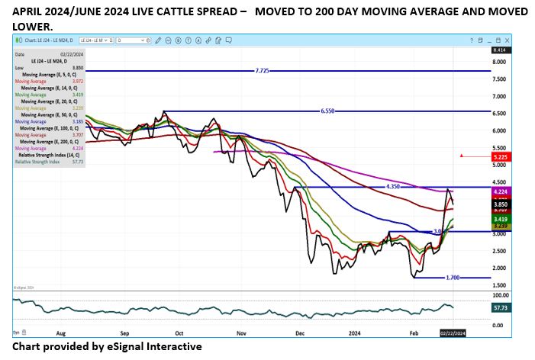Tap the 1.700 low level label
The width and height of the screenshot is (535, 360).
point(454,278)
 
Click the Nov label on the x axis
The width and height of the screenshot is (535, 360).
point(242,333)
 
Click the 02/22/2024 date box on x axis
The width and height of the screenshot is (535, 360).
point(452,333)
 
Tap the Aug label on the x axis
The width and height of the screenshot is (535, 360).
point(62,333)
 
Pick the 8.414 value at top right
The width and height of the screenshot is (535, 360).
point(484,50)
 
